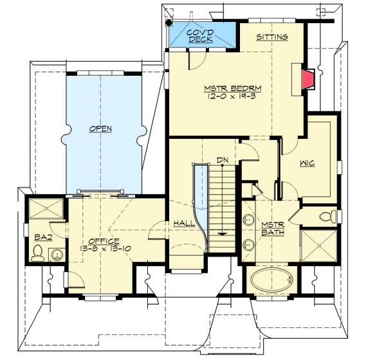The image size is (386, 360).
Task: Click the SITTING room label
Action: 272,37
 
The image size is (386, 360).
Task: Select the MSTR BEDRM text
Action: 233,88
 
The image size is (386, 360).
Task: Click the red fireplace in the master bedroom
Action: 308,80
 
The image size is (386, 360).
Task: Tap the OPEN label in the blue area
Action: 100,129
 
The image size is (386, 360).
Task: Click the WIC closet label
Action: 308,163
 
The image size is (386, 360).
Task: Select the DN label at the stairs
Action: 223,160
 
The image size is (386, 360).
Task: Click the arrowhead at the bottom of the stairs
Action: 223,234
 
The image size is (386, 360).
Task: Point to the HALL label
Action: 184,224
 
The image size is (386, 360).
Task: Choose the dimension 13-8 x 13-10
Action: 106,249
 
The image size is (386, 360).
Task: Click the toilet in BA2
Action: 38,253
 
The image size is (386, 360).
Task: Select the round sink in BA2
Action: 57,255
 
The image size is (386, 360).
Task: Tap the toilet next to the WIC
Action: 328,216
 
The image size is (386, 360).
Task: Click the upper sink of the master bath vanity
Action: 248,220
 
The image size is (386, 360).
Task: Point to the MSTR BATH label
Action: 273,228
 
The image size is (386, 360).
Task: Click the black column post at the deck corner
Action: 169,22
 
